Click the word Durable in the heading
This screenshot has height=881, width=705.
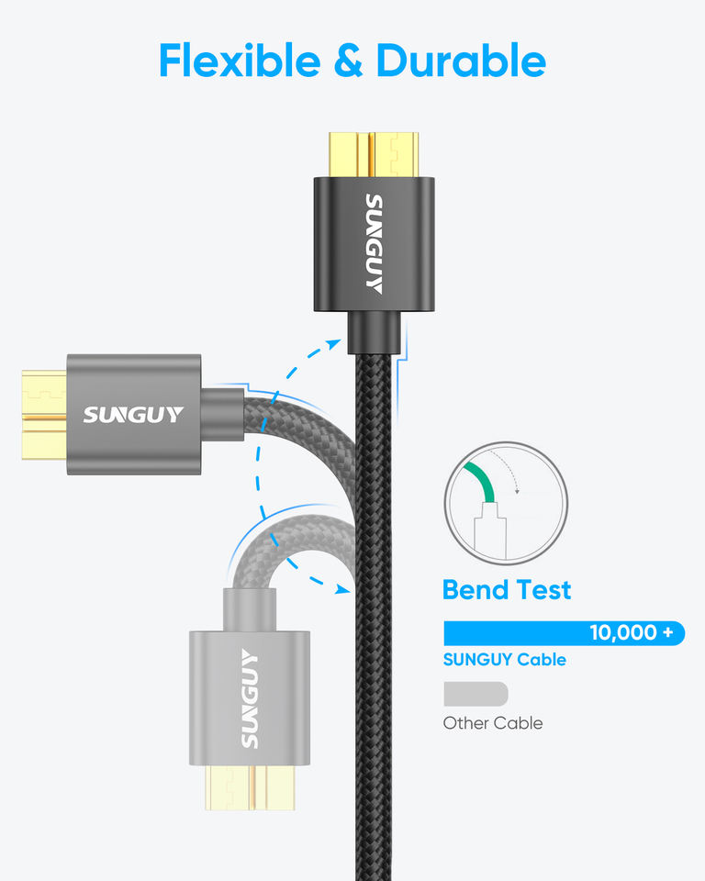pyautogui.click(x=461, y=61)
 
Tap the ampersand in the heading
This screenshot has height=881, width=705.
pyautogui.click(x=349, y=61)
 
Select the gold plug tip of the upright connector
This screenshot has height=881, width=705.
pyautogui.click(x=374, y=155)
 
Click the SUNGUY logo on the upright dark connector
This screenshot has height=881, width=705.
pyautogui.click(x=374, y=243)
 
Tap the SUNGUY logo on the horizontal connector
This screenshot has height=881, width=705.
pyautogui.click(x=134, y=415)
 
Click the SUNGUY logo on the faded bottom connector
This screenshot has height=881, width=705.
pyautogui.click(x=249, y=697)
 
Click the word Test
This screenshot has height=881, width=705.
pyautogui.click(x=542, y=590)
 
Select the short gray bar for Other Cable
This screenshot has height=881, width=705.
pyautogui.click(x=476, y=693)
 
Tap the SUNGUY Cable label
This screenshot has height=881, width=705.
pyautogui.click(x=504, y=660)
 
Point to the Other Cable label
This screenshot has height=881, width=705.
pyautogui.click(x=493, y=723)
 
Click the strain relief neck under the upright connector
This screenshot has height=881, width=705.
pyautogui.click(x=374, y=333)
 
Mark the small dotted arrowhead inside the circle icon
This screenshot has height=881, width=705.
pyautogui.click(x=518, y=491)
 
